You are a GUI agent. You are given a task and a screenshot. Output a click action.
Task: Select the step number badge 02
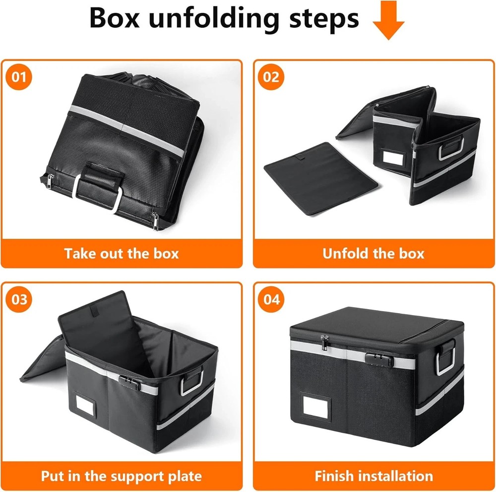click(x=271, y=77)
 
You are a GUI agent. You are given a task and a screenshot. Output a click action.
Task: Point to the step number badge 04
click(x=271, y=300)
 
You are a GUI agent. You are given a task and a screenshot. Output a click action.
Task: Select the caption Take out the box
click(x=122, y=253)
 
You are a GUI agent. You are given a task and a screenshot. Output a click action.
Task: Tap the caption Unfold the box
click(x=373, y=253)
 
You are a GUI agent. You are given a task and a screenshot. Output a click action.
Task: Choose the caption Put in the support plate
click(x=122, y=476)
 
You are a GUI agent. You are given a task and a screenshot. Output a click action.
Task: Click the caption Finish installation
click(x=373, y=476)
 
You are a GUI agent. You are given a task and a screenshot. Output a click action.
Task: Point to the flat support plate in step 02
click(x=320, y=178)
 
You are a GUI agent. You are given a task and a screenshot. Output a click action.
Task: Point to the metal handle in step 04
click(x=445, y=358)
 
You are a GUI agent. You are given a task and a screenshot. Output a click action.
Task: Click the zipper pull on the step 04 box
click(x=324, y=342)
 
